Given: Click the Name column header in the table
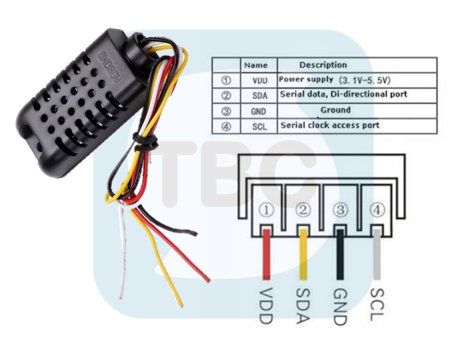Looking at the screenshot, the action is (x=256, y=65).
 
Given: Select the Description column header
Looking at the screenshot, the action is (x=323, y=65).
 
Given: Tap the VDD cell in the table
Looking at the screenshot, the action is (x=260, y=80).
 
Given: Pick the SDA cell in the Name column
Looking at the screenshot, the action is (x=260, y=95).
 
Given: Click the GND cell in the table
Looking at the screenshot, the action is (x=258, y=111).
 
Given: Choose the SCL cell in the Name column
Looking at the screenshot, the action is (x=260, y=126).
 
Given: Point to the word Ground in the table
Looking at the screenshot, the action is (x=335, y=110).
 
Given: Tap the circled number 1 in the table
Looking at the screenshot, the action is (x=226, y=80).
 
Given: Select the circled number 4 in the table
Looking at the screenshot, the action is (x=226, y=126).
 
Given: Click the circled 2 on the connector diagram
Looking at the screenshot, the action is (x=303, y=210).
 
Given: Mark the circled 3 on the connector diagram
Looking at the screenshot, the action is (x=341, y=210).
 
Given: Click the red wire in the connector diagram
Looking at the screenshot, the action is (x=267, y=254).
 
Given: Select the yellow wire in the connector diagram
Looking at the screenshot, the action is (x=303, y=254).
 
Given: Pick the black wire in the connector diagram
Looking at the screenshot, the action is (x=340, y=254).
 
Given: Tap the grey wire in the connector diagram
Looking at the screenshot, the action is (x=377, y=254).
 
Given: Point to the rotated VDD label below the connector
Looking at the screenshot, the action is (x=266, y=306).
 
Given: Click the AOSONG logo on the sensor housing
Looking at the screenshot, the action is (x=110, y=66).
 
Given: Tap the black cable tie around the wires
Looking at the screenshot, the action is (x=145, y=141).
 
